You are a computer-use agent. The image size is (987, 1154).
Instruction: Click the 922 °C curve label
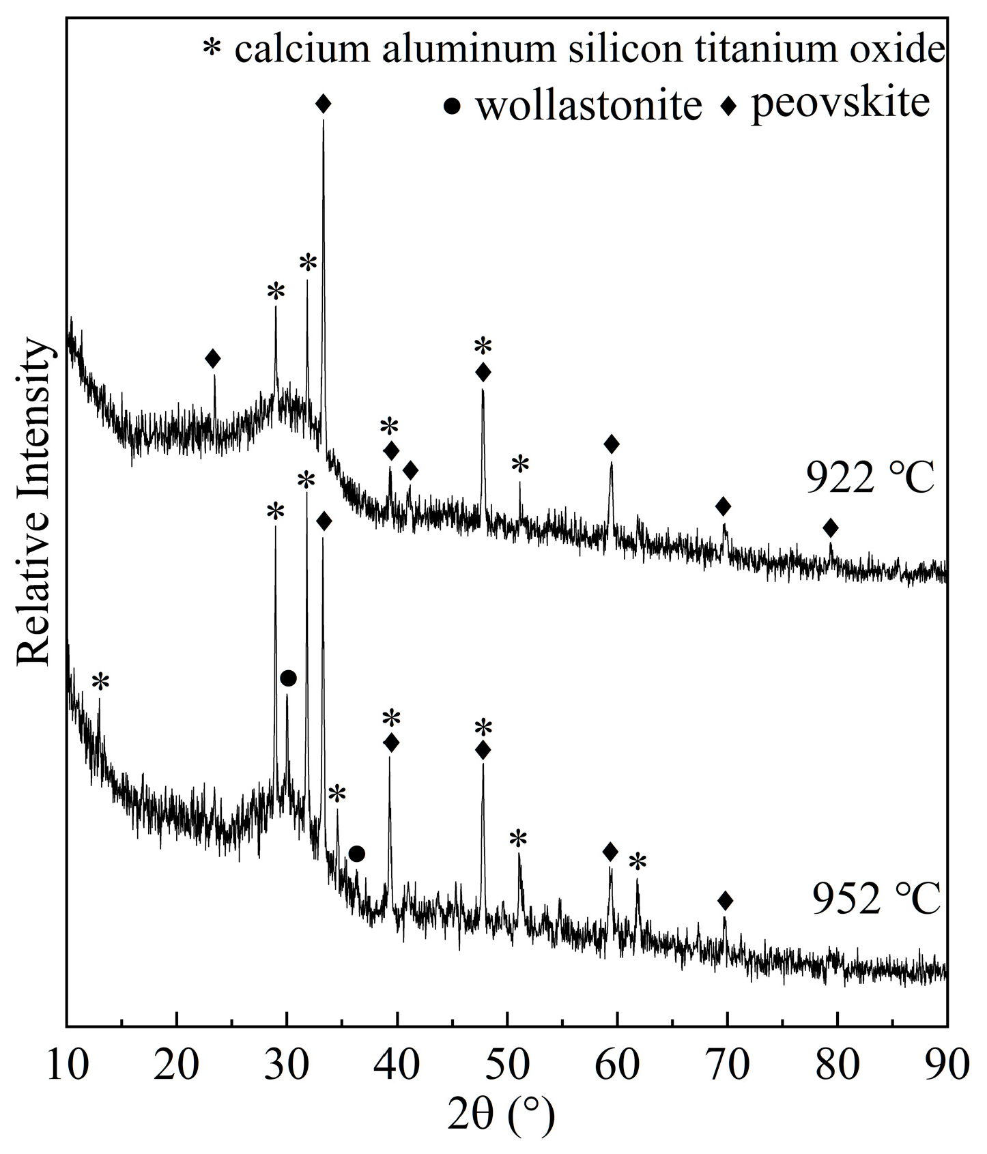point(870,478)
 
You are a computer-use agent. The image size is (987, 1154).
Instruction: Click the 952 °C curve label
point(876,899)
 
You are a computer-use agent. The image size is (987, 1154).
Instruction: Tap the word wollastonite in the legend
point(588,106)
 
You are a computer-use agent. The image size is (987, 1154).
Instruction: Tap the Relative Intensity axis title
point(34,502)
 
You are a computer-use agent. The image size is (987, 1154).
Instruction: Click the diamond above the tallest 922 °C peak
point(324,104)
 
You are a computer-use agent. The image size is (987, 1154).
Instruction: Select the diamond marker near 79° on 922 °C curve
point(830,528)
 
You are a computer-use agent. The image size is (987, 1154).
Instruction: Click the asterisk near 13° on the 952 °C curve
point(100,681)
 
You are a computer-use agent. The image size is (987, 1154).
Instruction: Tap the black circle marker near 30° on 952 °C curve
point(288,678)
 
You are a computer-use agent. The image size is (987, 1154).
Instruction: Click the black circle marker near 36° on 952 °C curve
point(356,854)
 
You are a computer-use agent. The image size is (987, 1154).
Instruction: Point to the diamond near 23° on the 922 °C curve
point(213,358)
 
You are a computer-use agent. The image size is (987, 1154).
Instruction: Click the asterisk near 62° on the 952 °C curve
point(637,862)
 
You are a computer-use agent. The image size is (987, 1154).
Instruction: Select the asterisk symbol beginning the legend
point(213,50)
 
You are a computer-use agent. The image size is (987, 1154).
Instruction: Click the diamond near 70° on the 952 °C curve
point(725,901)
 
